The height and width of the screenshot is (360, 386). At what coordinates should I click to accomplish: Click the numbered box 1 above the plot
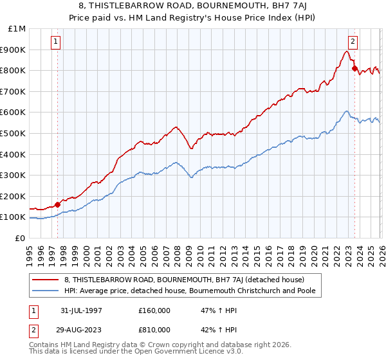coord(57,42)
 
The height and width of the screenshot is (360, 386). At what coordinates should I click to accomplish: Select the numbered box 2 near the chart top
coord(353,42)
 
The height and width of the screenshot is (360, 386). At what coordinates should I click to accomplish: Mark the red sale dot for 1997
coord(58,204)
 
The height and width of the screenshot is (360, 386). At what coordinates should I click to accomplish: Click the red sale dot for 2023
coord(354,68)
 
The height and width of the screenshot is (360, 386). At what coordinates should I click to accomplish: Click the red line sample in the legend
coord(46,280)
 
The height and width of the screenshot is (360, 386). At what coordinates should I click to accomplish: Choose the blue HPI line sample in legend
coord(46,291)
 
